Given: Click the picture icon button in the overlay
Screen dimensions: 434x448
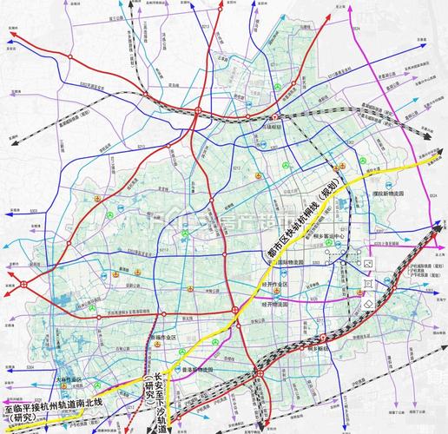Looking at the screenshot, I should (x=368, y=263).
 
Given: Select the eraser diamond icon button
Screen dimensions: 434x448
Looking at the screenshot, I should (x=368, y=304).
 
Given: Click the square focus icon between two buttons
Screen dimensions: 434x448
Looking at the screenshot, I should (x=368, y=284).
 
